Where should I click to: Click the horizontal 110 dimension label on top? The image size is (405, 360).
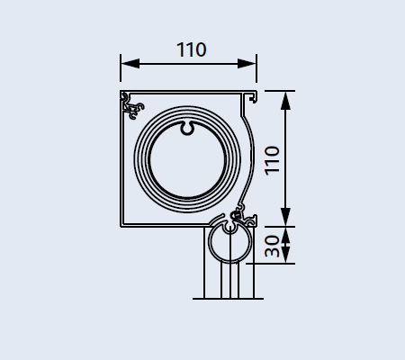click(192, 49)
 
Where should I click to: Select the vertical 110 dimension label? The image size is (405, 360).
click(272, 160)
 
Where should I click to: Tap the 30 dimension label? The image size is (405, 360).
click(272, 246)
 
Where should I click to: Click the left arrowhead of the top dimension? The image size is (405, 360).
click(130, 64)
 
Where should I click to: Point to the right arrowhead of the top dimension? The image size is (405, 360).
click(247, 64)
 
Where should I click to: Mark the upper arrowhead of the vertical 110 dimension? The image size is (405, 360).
click(286, 101)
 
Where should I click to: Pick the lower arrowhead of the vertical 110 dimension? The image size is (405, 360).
click(286, 217)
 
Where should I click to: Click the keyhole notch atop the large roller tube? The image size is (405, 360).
click(187, 128)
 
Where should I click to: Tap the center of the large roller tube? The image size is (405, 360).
click(187, 159)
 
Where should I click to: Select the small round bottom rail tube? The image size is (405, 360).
click(209, 245)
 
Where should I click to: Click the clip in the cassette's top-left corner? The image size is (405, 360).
click(132, 105)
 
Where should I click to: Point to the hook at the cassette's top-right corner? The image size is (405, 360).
click(254, 97)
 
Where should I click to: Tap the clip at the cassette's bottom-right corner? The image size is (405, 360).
click(244, 216)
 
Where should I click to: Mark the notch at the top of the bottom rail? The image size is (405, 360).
click(229, 228)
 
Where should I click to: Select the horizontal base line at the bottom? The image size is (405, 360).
click(228, 299)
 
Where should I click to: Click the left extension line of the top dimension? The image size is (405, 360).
click(121, 67)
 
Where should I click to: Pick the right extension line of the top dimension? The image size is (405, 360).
click(256, 68)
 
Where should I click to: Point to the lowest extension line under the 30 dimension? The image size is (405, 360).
click(271, 264)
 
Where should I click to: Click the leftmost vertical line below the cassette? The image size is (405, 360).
click(204, 263)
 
